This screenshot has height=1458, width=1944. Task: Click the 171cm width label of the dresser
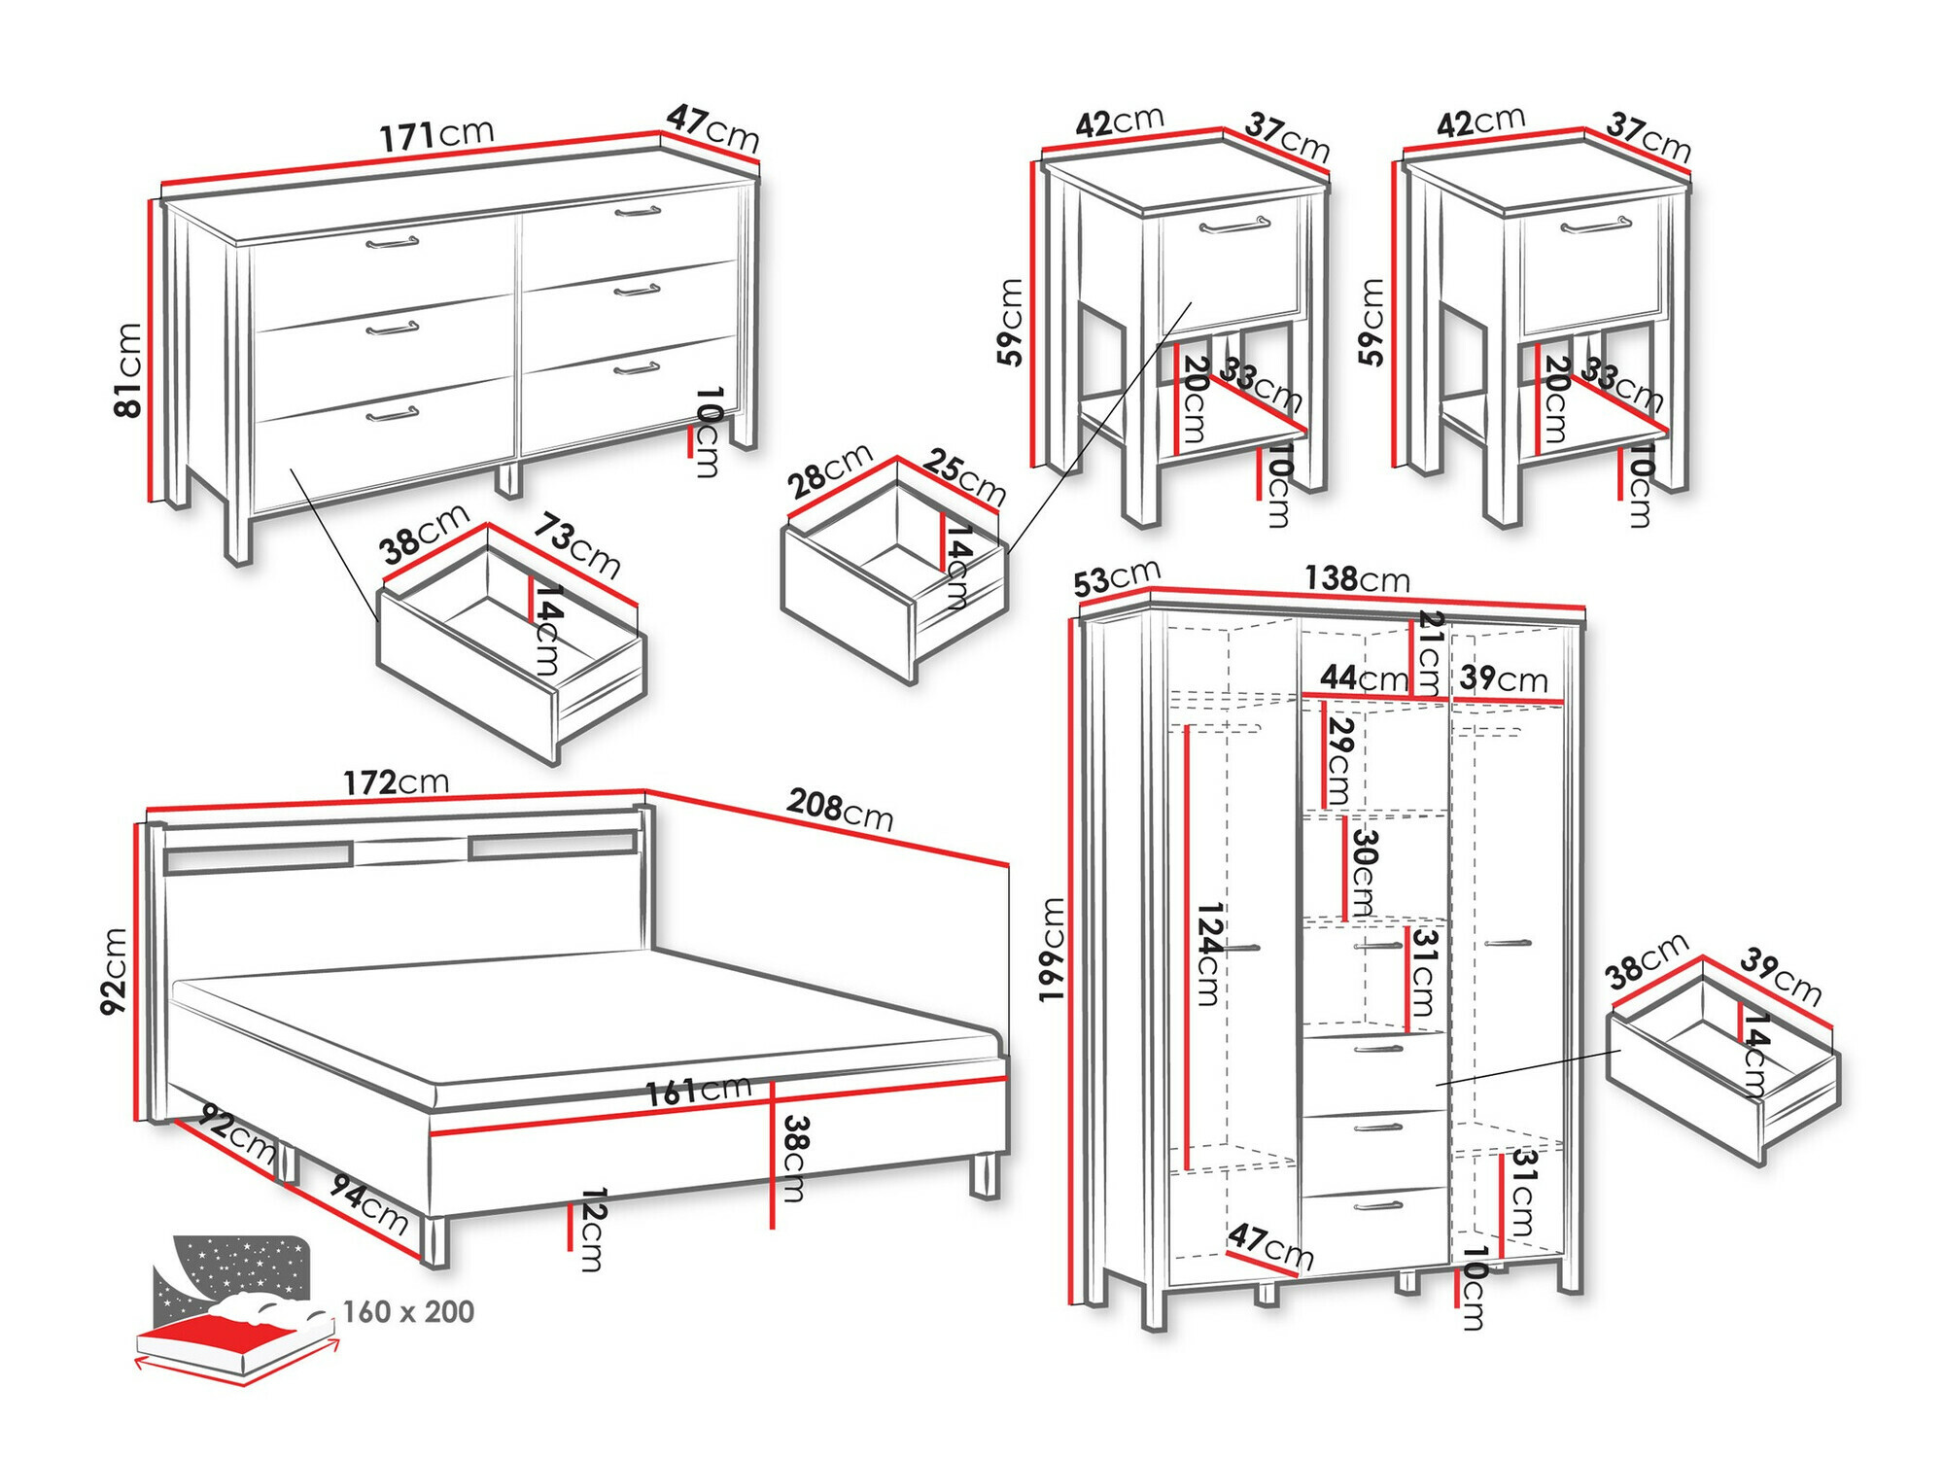click(x=436, y=135)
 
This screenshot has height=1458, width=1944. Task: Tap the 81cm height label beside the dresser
click(x=128, y=370)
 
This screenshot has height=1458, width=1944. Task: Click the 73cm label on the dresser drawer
click(x=576, y=546)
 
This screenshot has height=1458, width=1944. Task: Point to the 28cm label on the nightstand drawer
click(x=829, y=471)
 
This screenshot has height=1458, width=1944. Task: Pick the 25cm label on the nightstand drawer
click(x=963, y=475)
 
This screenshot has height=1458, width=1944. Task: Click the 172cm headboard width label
click(x=396, y=782)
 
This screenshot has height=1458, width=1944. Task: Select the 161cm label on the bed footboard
click(x=699, y=1091)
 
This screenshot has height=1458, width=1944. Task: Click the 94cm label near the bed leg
click(x=369, y=1202)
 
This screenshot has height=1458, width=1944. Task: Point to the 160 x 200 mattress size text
click(x=408, y=1312)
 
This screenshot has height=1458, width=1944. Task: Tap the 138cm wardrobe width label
click(x=1357, y=579)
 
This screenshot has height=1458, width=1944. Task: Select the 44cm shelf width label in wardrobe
click(x=1364, y=677)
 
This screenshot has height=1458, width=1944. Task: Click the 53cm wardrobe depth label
click(x=1117, y=579)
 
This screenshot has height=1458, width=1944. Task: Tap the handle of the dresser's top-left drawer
click(x=393, y=241)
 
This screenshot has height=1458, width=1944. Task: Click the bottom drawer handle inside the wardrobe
click(x=1378, y=1206)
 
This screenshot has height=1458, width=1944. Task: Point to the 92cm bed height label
click(x=114, y=971)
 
